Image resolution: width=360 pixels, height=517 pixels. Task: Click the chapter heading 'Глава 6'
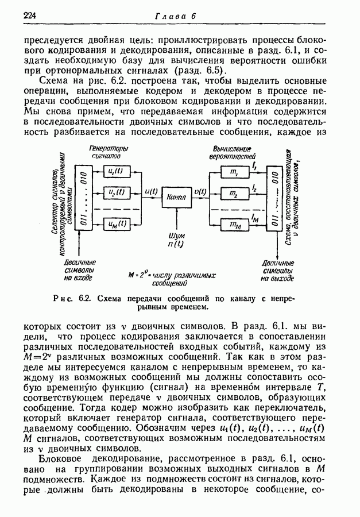pyautogui.click(x=176, y=16)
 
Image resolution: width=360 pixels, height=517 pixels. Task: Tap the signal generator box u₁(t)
pyautogui.click(x=116, y=171)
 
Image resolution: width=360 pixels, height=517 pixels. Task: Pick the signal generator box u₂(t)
pyautogui.click(x=116, y=192)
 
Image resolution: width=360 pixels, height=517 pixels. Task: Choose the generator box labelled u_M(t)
pyautogui.click(x=116, y=224)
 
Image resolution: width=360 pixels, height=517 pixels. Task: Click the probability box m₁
pyautogui.click(x=234, y=172)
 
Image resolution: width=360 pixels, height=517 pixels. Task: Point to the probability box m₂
pyautogui.click(x=234, y=194)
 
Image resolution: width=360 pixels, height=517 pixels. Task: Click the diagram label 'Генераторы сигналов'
pyautogui.click(x=109, y=152)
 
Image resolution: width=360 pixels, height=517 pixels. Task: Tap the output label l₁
pyautogui.click(x=253, y=165)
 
